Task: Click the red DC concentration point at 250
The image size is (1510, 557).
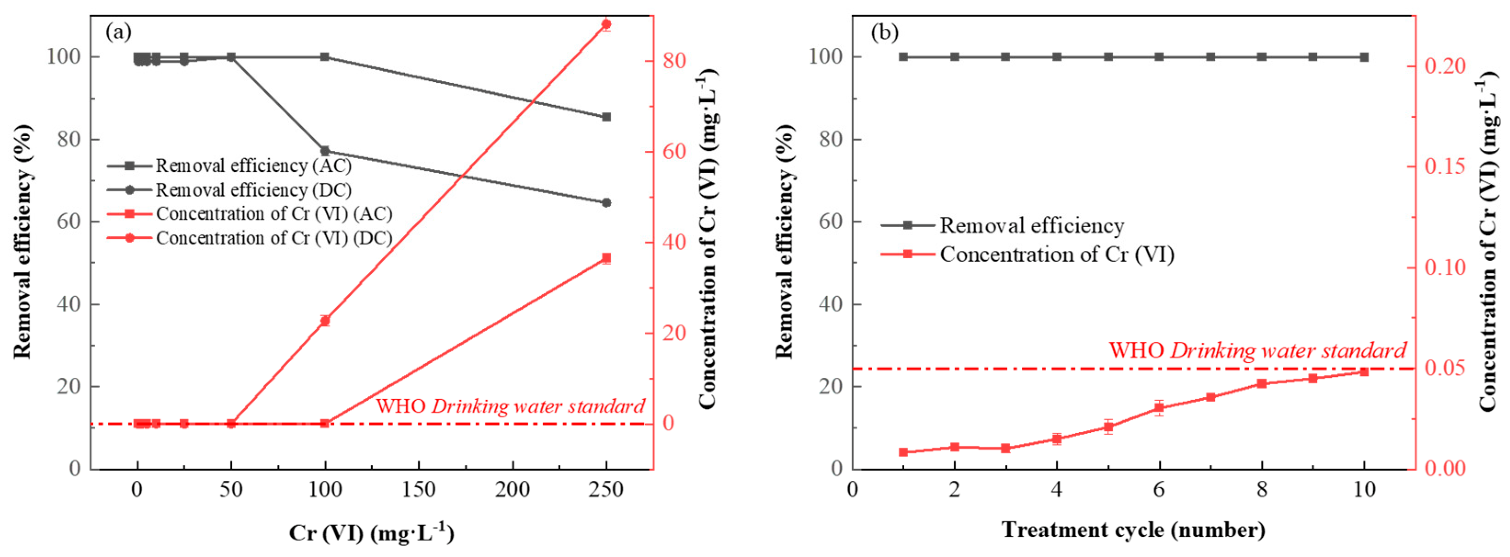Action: click(606, 24)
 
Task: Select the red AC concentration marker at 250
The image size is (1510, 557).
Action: click(606, 258)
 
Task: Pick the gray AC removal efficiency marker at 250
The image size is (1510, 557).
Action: click(606, 117)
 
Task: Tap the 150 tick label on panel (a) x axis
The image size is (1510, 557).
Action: click(419, 490)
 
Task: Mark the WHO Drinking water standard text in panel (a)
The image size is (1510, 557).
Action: click(510, 406)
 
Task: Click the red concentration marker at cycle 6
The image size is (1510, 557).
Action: click(1159, 408)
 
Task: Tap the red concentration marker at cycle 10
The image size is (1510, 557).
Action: click(1364, 371)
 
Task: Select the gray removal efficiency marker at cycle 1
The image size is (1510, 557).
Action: click(903, 57)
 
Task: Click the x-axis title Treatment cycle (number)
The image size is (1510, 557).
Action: click(1133, 530)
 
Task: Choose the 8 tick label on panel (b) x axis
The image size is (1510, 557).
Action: click(1261, 490)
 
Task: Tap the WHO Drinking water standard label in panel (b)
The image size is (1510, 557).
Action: click(1257, 350)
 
